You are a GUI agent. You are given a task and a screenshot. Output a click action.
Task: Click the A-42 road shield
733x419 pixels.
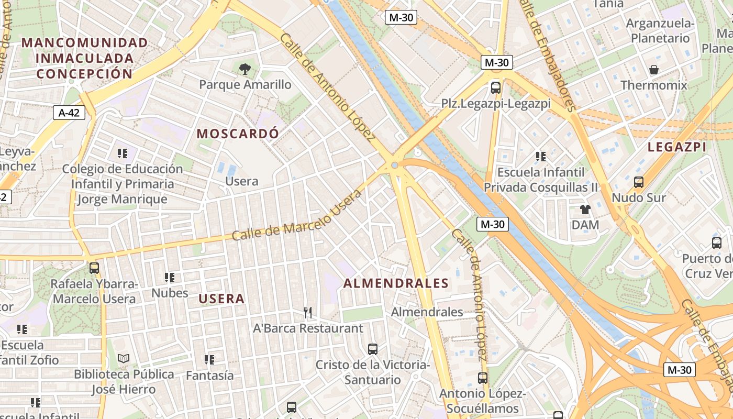coord(69,112)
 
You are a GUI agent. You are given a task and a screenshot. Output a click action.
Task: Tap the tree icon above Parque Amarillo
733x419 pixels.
coord(245,69)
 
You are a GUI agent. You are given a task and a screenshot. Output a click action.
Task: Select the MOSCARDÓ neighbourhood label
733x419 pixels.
coord(238,134)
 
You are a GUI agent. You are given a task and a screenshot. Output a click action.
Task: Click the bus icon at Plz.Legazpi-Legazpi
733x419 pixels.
coord(496,87)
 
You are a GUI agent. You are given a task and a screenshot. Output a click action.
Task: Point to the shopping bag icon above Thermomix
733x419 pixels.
coord(654,69)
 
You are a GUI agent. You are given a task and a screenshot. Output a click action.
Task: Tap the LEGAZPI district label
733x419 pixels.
coord(677,147)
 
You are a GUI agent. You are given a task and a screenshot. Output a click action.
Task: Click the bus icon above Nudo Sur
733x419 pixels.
coord(639,182)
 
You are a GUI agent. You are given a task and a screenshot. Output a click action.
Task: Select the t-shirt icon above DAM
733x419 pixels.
coord(585,210)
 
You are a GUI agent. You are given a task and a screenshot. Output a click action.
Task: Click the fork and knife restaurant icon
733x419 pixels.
coord(308,313)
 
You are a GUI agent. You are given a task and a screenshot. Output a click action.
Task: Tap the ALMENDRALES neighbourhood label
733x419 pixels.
coord(396,283)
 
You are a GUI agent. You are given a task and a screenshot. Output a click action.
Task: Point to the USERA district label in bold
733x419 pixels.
coord(221,299)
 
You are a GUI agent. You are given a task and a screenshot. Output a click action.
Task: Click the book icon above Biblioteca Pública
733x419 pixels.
coord(124,358)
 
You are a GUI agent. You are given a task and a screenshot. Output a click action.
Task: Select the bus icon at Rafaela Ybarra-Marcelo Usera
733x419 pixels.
coord(94,268)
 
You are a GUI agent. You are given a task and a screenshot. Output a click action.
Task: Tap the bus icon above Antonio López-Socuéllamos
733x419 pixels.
coord(483,378)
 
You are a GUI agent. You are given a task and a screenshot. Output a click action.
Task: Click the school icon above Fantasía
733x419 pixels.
coord(209,360)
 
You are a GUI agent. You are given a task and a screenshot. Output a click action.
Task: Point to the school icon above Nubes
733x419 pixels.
coord(170,277)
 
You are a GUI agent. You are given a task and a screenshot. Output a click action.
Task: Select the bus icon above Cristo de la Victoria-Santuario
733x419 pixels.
coord(373,349)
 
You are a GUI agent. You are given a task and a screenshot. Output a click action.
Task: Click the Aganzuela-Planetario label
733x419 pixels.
coord(660,30)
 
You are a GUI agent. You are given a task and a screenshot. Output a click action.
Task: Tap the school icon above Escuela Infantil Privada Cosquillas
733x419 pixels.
coord(541,156)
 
